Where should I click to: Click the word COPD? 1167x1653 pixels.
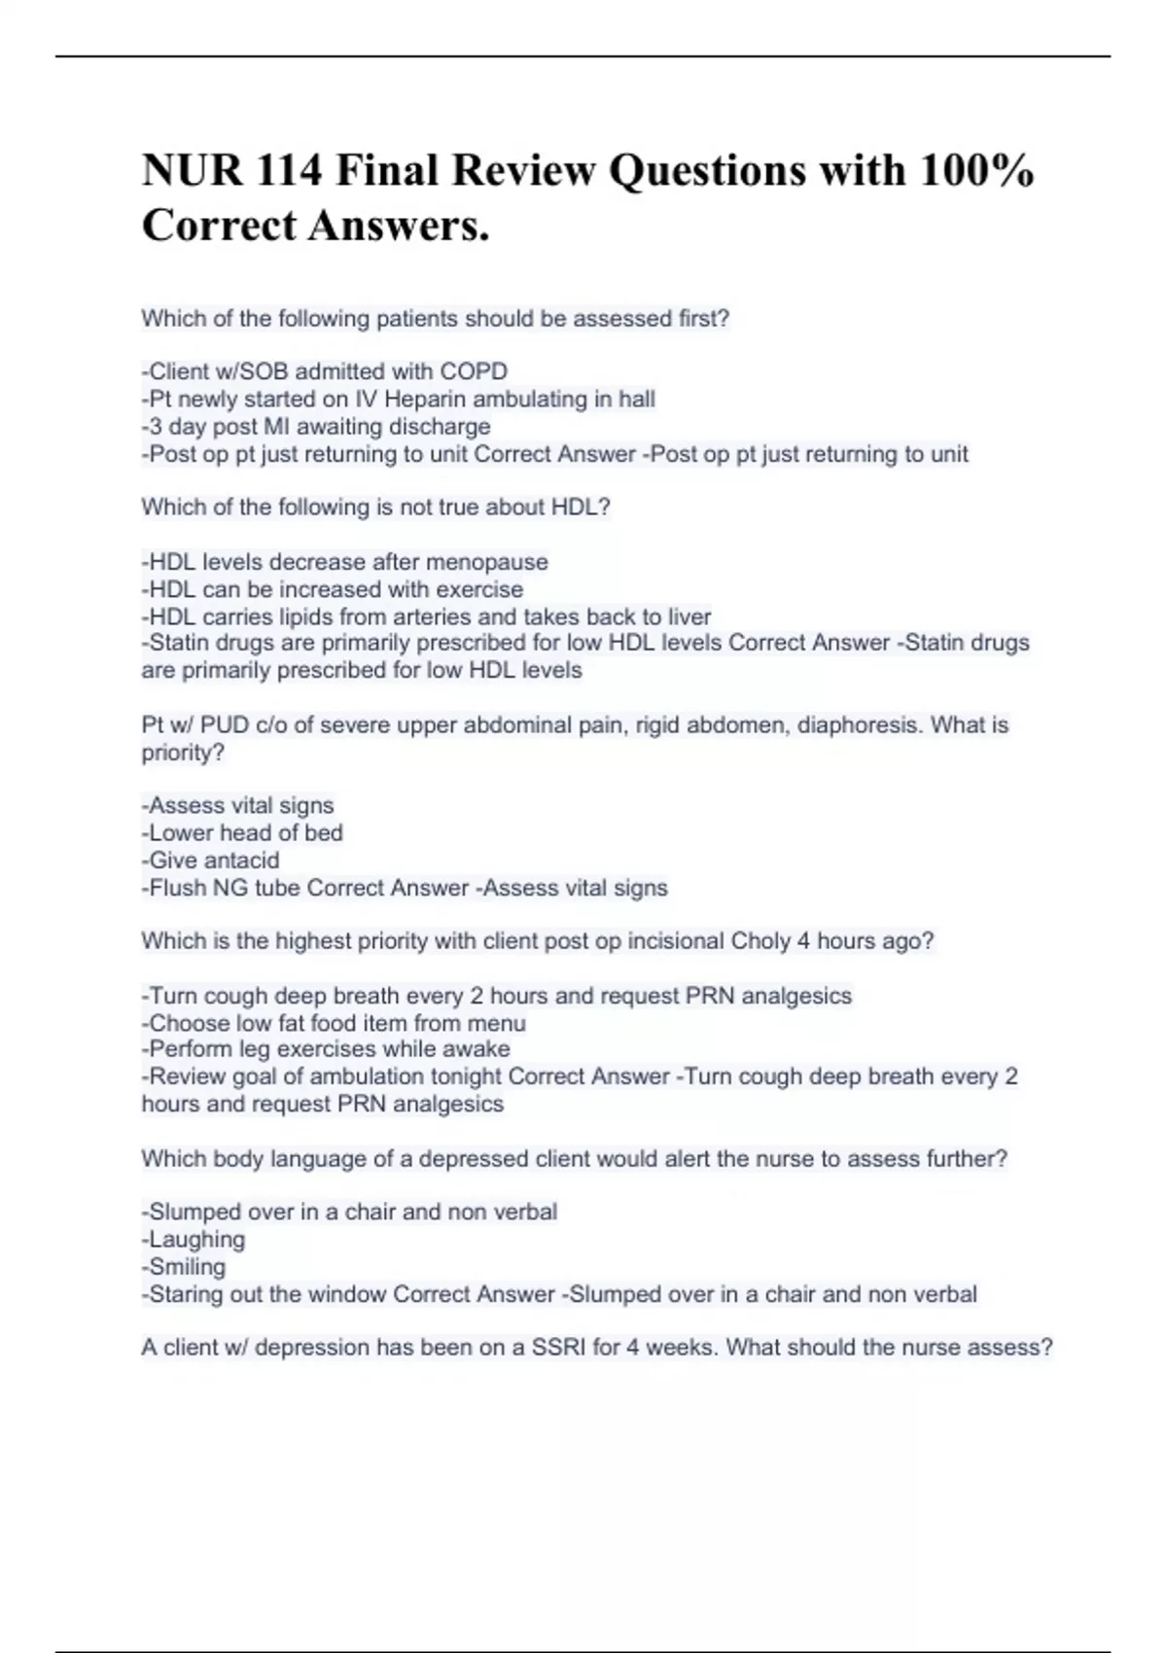coord(474,371)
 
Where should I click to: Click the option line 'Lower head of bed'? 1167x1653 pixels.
coord(242,832)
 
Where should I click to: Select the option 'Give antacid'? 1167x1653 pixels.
coord(211,860)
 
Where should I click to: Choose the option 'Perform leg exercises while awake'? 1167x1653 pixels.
coord(326,1049)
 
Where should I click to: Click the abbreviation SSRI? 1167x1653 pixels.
coord(558,1348)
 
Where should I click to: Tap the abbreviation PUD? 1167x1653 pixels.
coord(224,725)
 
